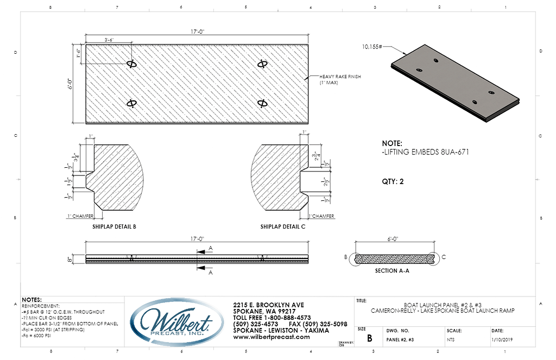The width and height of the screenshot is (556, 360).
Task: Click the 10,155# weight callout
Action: [x=372, y=47]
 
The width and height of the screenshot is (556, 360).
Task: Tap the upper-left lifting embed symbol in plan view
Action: [x=131, y=64]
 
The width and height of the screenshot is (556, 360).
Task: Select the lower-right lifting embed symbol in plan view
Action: [x=262, y=103]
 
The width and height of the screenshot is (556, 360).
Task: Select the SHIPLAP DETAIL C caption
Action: [x=282, y=226]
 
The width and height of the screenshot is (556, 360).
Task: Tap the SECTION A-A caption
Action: [x=391, y=270]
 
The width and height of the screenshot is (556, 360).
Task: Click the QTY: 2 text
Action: [x=394, y=182]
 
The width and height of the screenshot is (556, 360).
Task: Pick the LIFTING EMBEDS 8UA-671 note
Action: [x=425, y=153]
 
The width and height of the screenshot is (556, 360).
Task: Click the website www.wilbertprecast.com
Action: [x=271, y=337]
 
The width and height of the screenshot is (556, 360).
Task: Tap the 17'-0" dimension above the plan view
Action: [x=197, y=32]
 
